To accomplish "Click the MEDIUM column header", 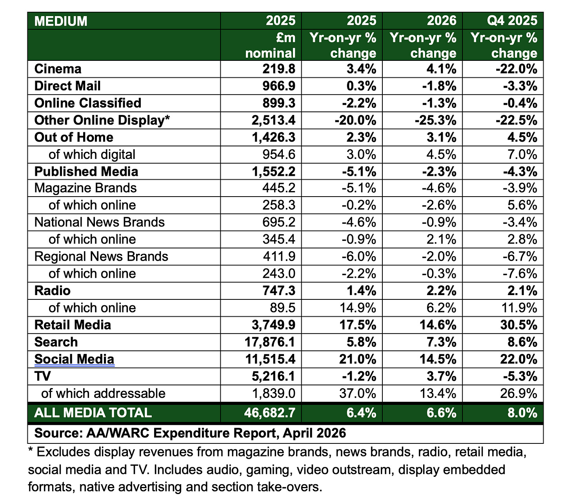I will click(x=61, y=21).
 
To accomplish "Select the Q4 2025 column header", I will click(x=512, y=20).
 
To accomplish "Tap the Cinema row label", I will click(x=58, y=69).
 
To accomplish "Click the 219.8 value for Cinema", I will click(x=279, y=69).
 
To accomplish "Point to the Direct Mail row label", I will click(x=67, y=86).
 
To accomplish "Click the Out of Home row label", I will click(x=74, y=137).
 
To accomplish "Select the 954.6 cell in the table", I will click(x=279, y=155).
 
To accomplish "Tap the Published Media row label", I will click(x=86, y=171).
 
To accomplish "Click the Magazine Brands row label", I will click(x=85, y=188).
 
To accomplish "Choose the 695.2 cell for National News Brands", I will click(x=279, y=222).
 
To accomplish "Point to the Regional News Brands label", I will click(x=101, y=257).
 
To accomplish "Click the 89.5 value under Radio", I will click(x=282, y=308).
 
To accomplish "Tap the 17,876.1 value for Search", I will click(x=269, y=342).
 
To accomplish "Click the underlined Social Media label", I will click(x=74, y=359).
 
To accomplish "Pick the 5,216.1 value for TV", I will click(x=273, y=377).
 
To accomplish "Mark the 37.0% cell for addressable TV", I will click(x=357, y=394).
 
